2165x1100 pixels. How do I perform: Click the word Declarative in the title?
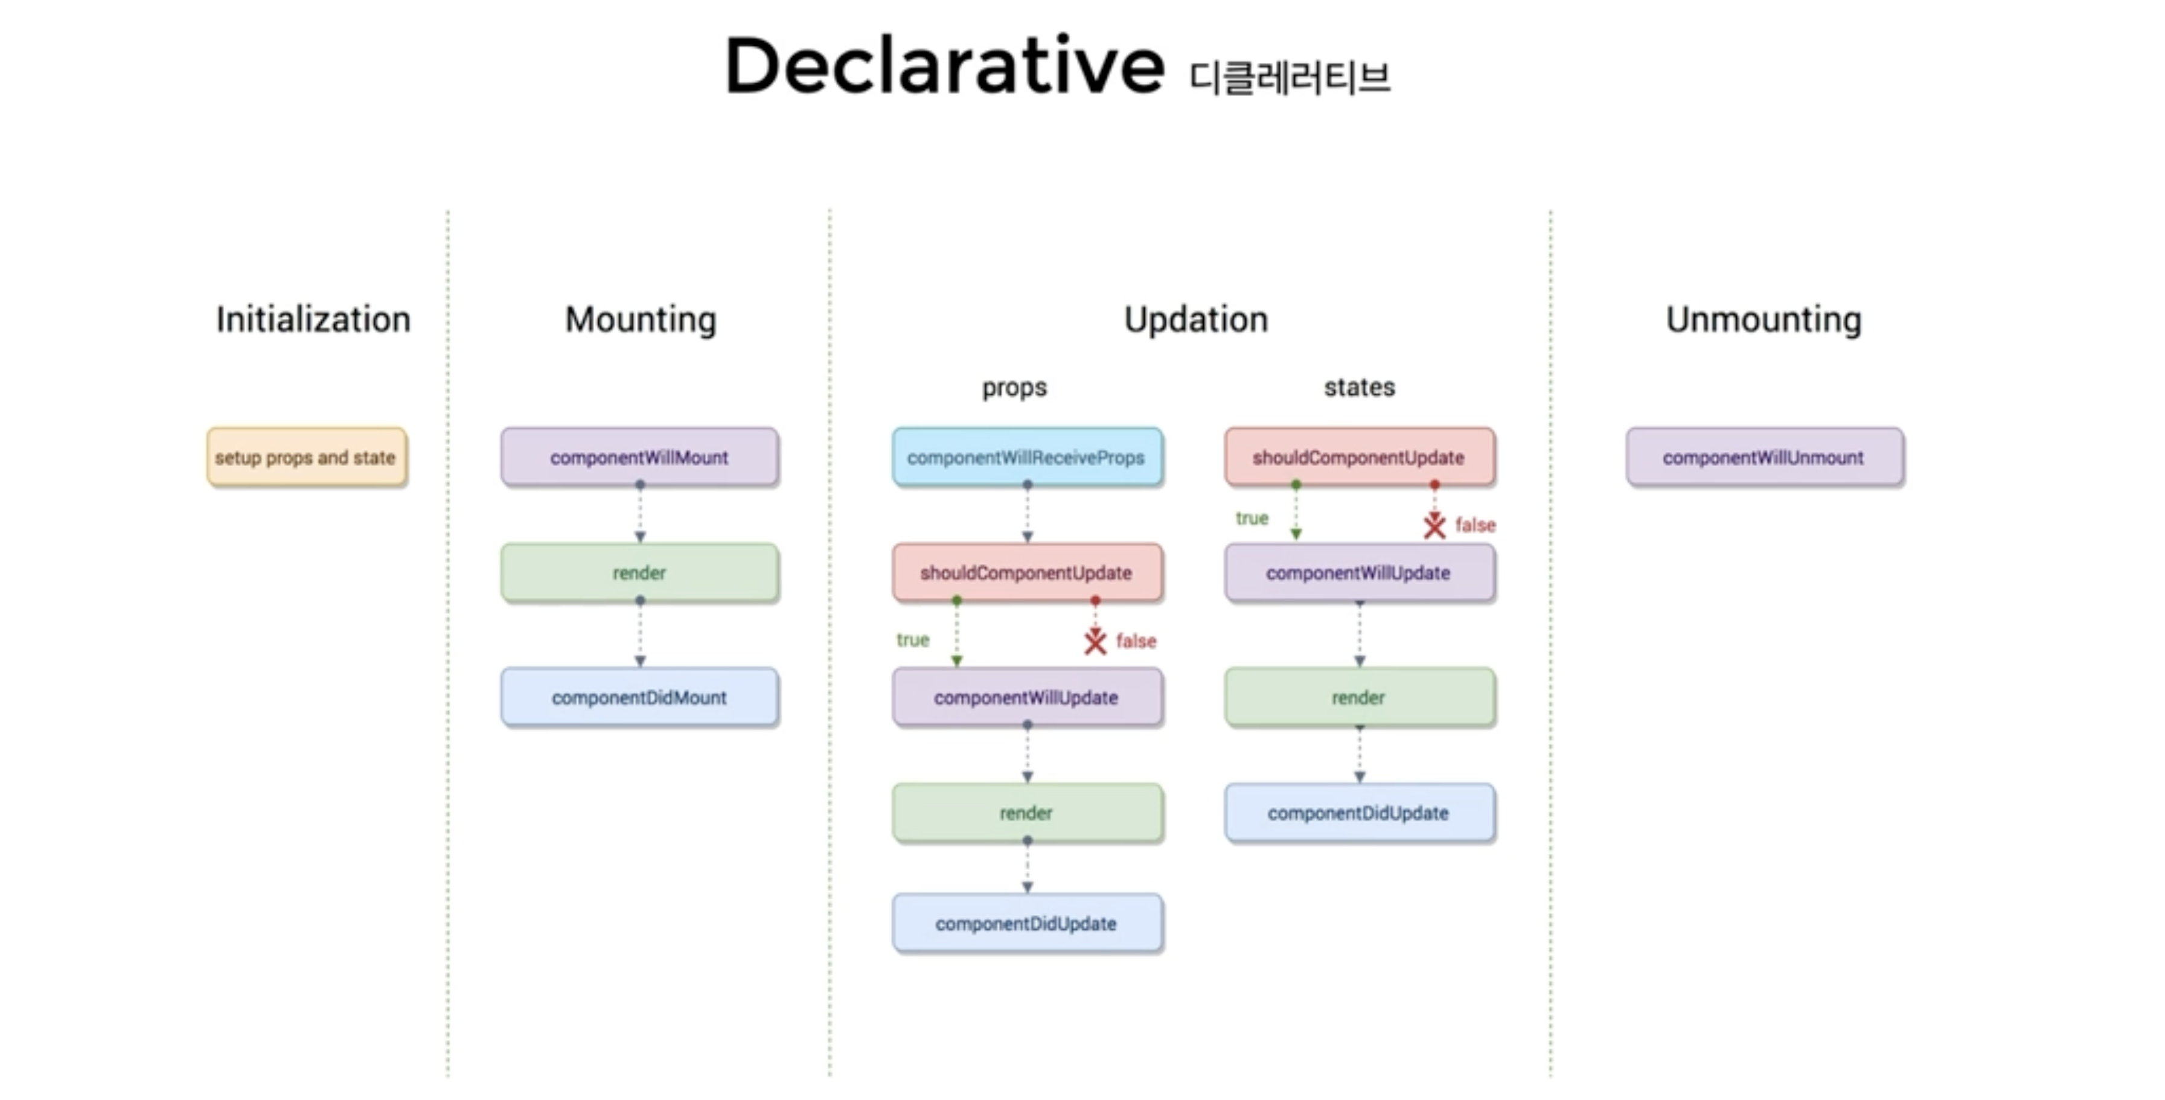click(943, 67)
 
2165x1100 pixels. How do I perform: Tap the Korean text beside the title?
click(1290, 78)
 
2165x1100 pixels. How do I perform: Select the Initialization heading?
click(313, 319)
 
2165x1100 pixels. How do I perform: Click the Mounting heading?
click(641, 319)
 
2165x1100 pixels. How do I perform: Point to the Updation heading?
click(1195, 319)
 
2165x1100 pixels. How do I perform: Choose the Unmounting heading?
click(1764, 319)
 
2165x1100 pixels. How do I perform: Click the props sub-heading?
click(1014, 388)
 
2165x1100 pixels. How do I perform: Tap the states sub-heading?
click(1359, 388)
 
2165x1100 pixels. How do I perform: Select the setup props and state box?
click(307, 457)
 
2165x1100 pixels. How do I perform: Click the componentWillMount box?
click(639, 457)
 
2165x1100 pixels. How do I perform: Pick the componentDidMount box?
click(639, 697)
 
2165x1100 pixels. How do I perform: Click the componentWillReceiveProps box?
click(1027, 457)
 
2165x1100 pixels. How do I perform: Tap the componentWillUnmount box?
click(1764, 457)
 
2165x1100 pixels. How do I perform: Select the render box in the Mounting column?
click(639, 573)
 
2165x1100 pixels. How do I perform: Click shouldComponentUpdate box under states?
click(1359, 457)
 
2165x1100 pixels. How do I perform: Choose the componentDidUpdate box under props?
click(1027, 924)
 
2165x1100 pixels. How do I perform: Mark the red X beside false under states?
click(1434, 526)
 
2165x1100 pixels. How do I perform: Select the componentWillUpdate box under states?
click(1359, 573)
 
